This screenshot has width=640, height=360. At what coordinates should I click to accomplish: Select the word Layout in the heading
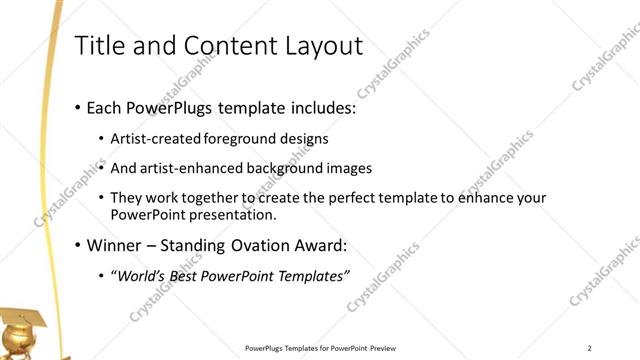[x=322, y=46]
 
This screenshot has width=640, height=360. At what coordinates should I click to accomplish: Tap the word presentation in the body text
[x=238, y=214]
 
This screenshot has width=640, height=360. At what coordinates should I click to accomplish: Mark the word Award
[x=331, y=245]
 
